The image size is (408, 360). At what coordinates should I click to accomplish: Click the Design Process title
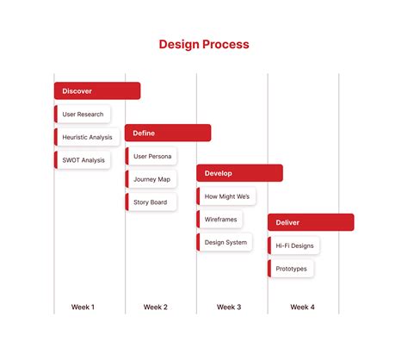tap(204, 44)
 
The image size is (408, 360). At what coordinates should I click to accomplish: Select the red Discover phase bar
tap(96, 90)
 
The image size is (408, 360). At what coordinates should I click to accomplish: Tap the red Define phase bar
tap(168, 133)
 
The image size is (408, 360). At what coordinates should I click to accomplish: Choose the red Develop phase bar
tap(239, 173)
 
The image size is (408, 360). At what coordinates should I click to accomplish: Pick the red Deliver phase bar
tap(311, 222)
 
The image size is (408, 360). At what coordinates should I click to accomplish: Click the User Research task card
tap(83, 114)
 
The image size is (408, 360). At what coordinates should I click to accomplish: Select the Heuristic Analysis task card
tap(87, 137)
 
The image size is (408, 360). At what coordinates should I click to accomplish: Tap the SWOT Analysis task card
tap(83, 160)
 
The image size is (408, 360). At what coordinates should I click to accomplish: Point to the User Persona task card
tap(151, 157)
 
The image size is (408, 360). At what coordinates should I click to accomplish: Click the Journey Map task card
tap(151, 179)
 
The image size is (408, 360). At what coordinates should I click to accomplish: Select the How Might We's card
tap(226, 196)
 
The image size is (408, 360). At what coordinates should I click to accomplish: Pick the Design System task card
tap(225, 242)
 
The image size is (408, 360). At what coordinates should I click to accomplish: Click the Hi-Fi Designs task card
tap(294, 245)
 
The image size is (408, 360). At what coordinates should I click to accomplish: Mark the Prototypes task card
tap(291, 269)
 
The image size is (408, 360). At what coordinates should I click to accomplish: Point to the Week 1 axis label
tap(83, 307)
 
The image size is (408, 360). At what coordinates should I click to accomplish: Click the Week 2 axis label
tap(156, 307)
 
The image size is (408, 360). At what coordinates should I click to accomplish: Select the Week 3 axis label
tap(229, 307)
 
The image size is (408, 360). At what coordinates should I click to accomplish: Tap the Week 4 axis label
tap(302, 307)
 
